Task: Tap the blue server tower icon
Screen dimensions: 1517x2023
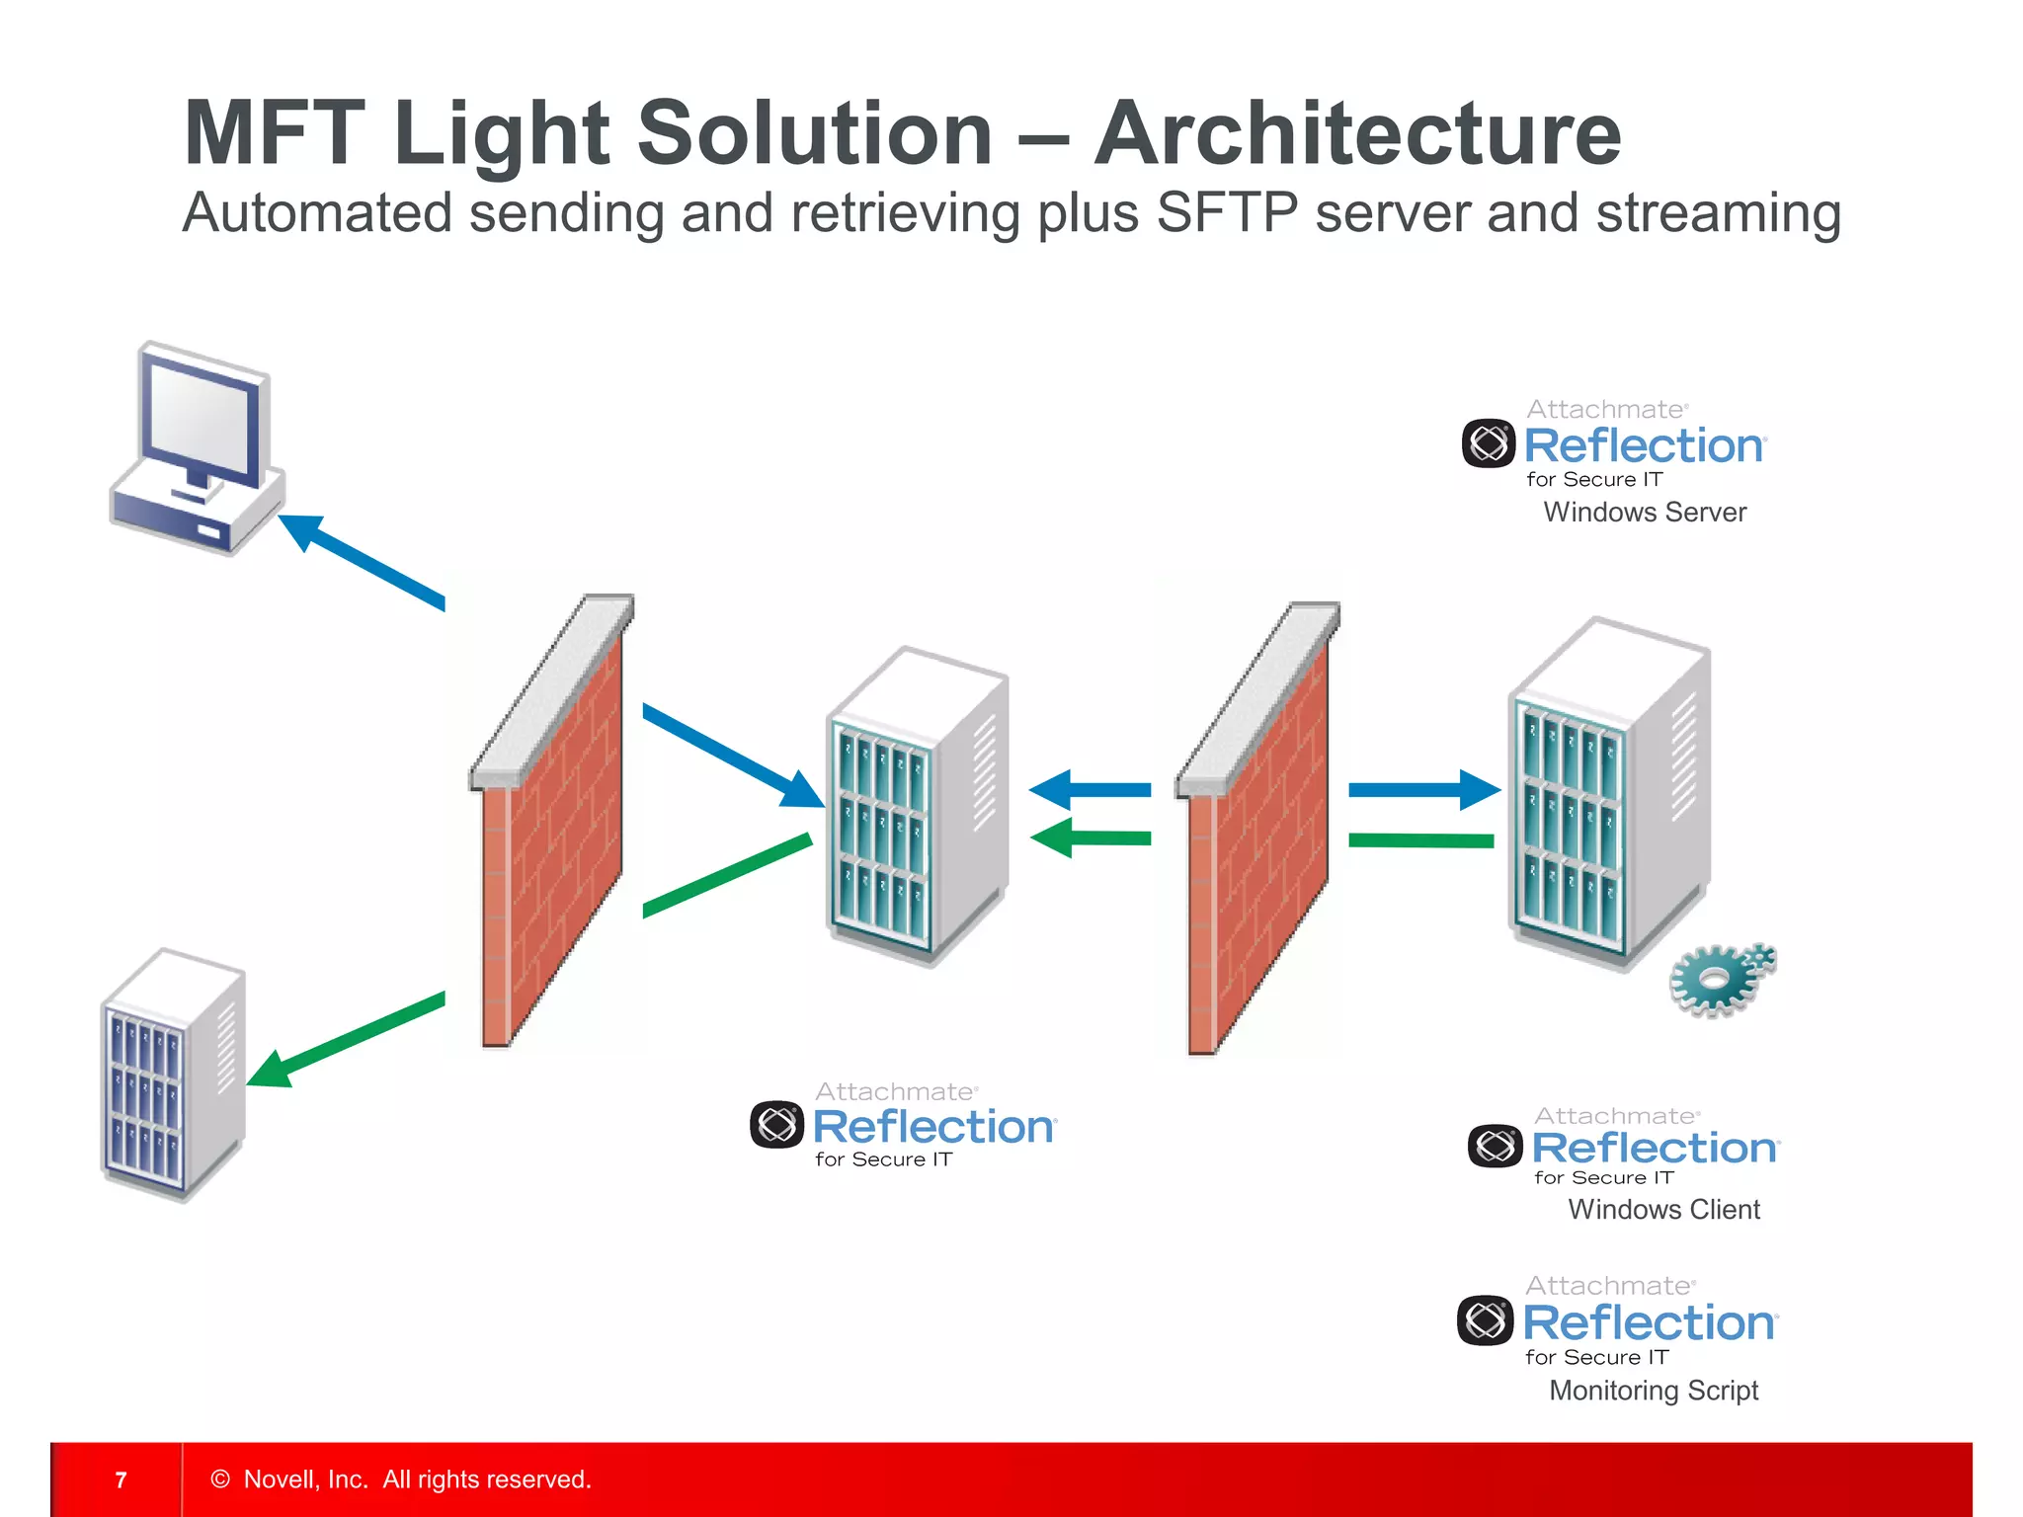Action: click(173, 1077)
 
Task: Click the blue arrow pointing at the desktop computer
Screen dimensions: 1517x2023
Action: click(361, 560)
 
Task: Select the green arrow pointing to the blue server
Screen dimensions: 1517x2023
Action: click(346, 1042)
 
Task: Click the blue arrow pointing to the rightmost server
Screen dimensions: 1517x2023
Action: click(1422, 789)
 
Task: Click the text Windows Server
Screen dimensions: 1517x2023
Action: click(1644, 512)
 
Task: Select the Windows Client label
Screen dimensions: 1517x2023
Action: click(1663, 1209)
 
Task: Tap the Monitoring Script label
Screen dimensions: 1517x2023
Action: click(1654, 1390)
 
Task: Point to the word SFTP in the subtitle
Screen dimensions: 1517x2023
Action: click(1226, 212)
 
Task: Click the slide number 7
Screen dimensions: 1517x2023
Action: click(121, 1479)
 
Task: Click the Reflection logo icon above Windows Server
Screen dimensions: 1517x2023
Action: click(1488, 443)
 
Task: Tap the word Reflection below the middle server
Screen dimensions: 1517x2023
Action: click(933, 1127)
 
